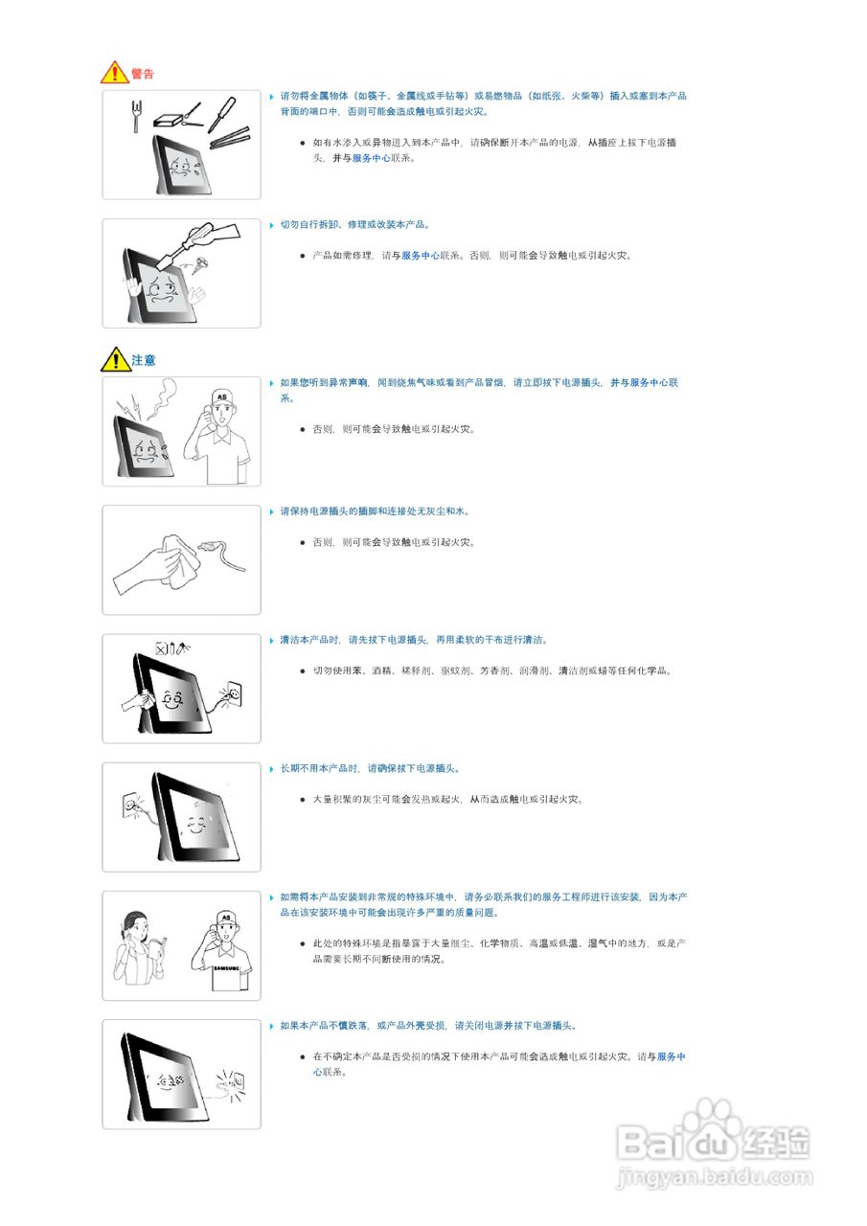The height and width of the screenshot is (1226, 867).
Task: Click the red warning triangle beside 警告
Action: [114, 73]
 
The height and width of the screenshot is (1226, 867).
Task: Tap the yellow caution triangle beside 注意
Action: [115, 359]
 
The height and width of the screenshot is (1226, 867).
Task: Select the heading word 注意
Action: [144, 360]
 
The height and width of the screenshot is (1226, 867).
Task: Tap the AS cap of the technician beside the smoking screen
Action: [222, 396]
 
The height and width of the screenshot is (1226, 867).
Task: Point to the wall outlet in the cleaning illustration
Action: [231, 692]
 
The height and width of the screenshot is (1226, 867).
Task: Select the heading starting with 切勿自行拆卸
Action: [354, 224]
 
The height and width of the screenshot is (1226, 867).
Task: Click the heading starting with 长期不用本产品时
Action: [370, 768]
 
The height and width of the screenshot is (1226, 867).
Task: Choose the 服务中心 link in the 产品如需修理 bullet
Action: [420, 256]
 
